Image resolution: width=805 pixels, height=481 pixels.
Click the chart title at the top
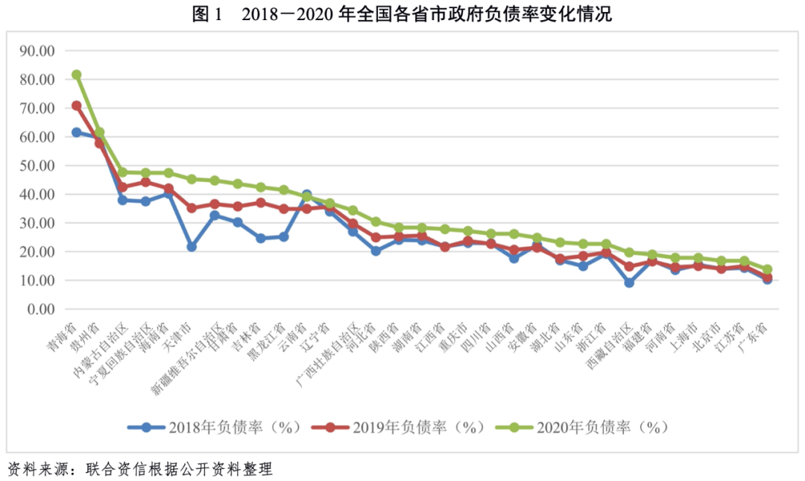click(402, 14)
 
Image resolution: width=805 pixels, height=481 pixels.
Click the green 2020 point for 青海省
click(76, 75)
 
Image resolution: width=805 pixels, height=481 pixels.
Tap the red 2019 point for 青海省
click(76, 106)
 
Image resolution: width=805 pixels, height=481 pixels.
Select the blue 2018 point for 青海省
click(76, 132)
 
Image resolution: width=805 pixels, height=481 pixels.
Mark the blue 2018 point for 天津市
click(192, 246)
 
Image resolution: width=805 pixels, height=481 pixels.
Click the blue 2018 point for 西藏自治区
click(630, 283)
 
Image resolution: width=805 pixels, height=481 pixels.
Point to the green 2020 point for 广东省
click(767, 269)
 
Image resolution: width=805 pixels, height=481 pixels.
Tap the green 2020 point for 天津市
click(192, 179)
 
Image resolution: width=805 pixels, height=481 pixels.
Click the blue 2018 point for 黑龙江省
click(283, 236)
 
